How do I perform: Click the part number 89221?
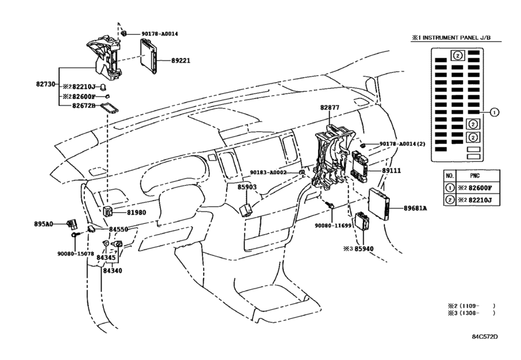point(181,61)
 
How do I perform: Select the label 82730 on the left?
point(46,84)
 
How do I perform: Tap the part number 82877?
point(330,108)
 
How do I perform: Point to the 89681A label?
point(416,208)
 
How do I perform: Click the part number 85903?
point(247,187)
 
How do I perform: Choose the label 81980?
point(136,212)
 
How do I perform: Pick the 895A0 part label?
point(44,224)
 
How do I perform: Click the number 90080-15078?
point(76,254)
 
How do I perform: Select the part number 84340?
point(112,271)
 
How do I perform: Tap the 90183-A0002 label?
point(268,172)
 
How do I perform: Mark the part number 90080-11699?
point(333,226)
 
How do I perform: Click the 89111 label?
point(391,170)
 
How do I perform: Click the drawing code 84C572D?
point(485,336)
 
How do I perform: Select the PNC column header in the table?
point(475,175)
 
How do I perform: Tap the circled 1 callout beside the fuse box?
point(495,113)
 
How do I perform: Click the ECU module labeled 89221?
point(149,56)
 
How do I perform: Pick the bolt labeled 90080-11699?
point(331,206)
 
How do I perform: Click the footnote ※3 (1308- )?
point(471,313)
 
